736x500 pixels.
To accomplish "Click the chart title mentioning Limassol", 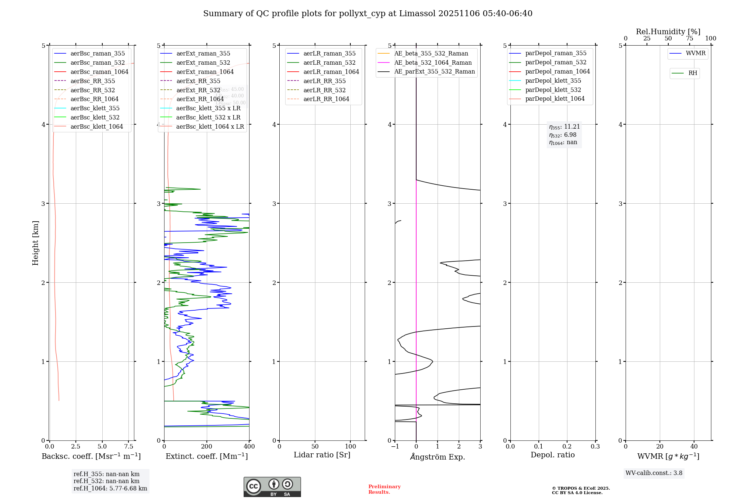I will [368, 14].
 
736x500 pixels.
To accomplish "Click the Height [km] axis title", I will [35, 243].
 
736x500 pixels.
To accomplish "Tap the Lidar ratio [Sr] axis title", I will [322, 455].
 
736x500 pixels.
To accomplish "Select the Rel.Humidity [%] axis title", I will [668, 32].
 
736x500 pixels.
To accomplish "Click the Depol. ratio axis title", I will [552, 455].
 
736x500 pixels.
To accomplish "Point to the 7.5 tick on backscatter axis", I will [128, 446].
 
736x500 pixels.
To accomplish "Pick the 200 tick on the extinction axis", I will [207, 446].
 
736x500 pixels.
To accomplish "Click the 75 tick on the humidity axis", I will [689, 39].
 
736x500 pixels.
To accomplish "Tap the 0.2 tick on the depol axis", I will [567, 446].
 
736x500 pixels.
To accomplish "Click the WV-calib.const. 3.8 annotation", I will [654, 473].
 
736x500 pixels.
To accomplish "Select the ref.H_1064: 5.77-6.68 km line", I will [110, 489].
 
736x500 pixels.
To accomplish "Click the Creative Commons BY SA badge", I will [272, 487].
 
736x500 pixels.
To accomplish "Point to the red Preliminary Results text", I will [384, 489].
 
